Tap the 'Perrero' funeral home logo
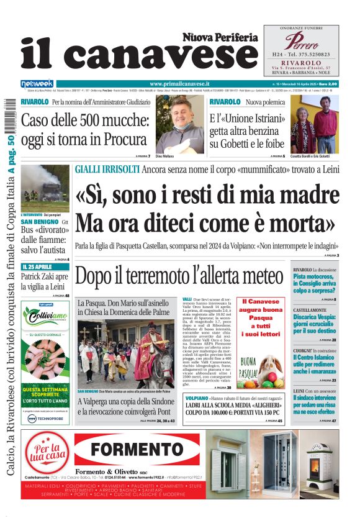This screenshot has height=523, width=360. tap(301, 42)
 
